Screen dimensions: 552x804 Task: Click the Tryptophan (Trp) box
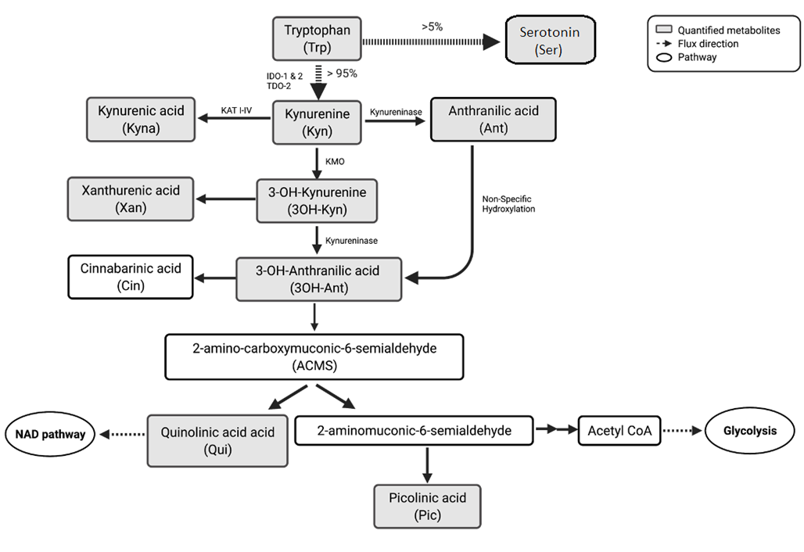coord(316,39)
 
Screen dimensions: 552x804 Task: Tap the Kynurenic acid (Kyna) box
coord(141,120)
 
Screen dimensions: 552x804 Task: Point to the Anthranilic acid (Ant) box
coord(494,120)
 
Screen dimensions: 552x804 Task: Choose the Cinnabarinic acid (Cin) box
coord(130,277)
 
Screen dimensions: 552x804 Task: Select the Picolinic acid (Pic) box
coord(427,506)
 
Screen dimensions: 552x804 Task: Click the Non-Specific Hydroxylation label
coord(509,204)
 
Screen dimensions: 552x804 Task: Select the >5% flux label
coord(432,27)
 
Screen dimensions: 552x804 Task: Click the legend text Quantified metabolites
coord(730,30)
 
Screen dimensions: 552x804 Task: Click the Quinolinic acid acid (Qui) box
coord(217,439)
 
